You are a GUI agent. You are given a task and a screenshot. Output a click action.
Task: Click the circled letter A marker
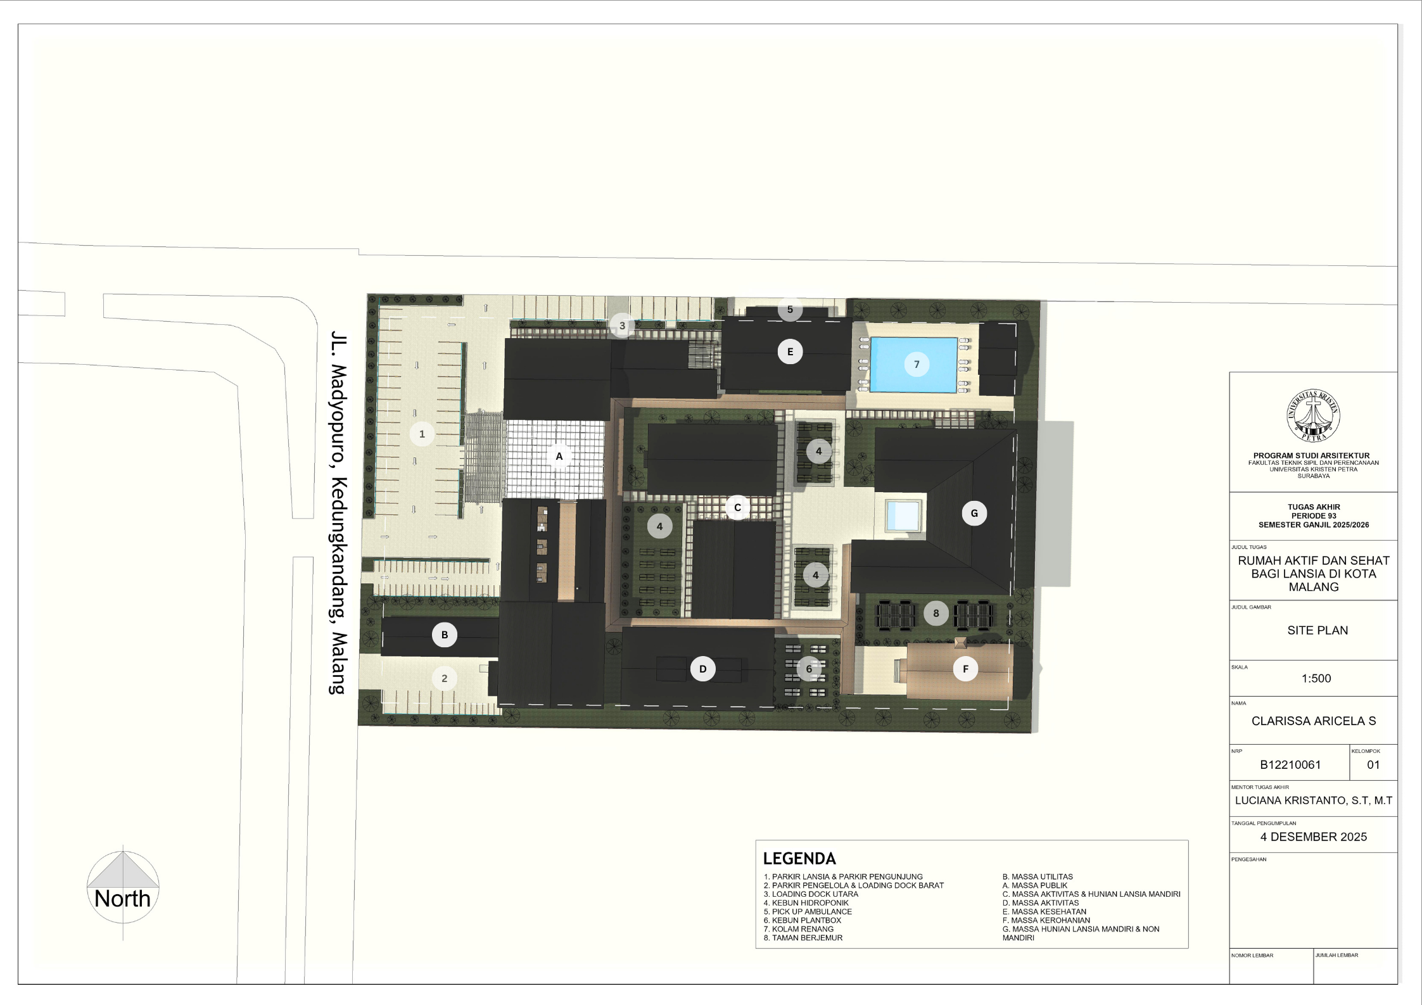(559, 456)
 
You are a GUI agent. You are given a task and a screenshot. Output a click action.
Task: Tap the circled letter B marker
(445, 635)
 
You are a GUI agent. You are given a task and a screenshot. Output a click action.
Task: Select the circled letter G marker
(974, 514)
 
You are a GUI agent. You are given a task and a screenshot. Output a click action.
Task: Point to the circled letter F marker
(965, 669)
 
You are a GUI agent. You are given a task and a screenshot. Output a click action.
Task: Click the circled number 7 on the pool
(917, 364)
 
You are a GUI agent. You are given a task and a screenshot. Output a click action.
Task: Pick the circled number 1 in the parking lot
(422, 434)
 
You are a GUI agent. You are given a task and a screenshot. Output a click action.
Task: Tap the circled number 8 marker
(936, 613)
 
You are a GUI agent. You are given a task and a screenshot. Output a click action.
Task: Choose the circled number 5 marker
(790, 310)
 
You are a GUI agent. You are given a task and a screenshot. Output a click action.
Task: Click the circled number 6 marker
(809, 669)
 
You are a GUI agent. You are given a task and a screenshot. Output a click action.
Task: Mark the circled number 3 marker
(622, 326)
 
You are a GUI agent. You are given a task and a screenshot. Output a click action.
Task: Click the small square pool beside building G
(903, 515)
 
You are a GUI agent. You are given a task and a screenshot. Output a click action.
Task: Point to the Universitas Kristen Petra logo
(1313, 416)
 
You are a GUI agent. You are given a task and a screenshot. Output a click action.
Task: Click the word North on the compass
(122, 899)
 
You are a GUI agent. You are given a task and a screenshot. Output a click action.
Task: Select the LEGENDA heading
(799, 859)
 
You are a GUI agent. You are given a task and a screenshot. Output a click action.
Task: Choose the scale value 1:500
(1316, 678)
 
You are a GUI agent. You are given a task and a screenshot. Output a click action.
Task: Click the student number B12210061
(1290, 764)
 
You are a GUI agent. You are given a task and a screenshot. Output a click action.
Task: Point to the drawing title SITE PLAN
(1317, 630)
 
